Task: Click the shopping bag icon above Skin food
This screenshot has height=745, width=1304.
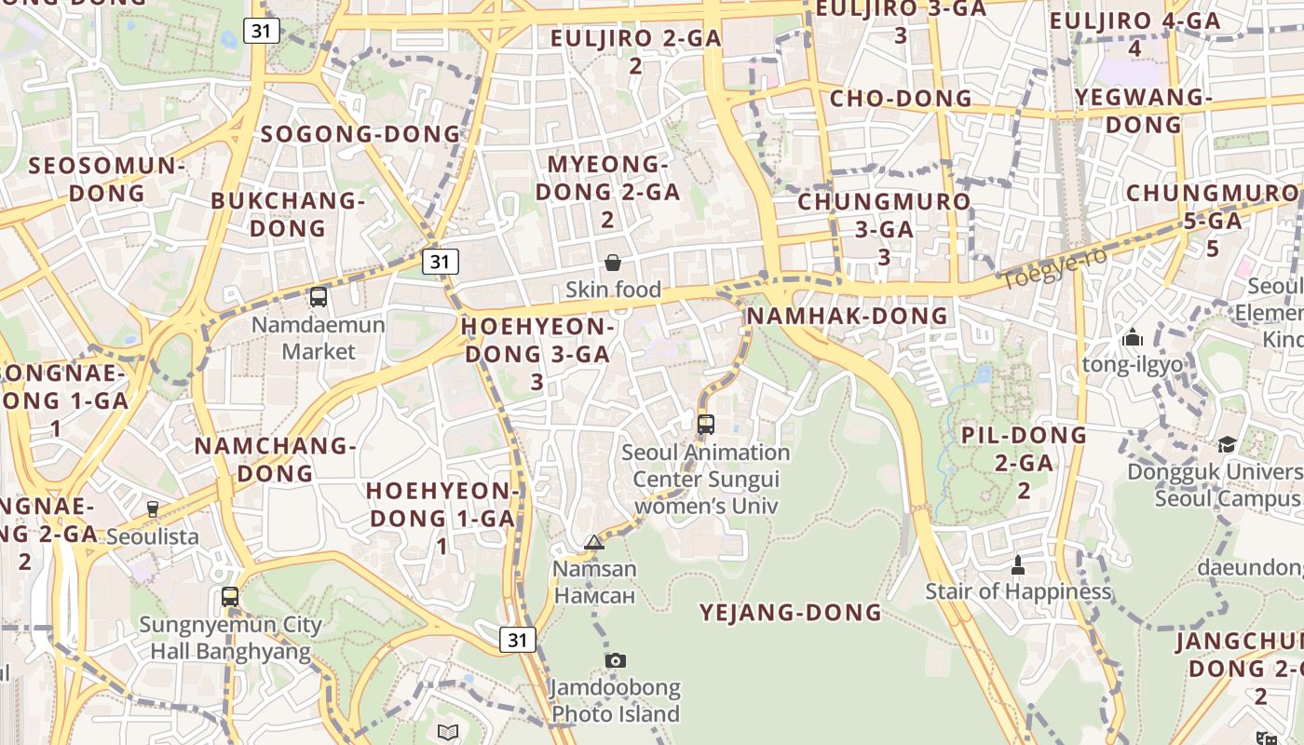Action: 613,263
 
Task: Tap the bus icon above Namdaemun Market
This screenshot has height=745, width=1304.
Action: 319,297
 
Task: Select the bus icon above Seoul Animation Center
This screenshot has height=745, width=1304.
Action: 706,425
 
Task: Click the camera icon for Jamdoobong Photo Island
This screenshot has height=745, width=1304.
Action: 615,660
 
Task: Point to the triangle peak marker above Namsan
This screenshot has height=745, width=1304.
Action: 594,542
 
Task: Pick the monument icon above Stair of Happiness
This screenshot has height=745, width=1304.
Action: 1017,564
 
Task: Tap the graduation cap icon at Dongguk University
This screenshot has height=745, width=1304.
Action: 1227,444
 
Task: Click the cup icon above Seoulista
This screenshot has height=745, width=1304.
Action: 153,509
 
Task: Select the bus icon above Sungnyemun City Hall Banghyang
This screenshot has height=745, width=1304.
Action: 230,597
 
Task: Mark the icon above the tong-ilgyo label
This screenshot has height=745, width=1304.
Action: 1133,336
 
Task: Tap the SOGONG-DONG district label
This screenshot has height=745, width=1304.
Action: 360,134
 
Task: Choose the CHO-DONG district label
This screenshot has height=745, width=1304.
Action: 900,99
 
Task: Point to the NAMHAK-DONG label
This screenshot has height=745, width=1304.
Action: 847,316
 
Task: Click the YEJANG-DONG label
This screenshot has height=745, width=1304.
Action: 791,612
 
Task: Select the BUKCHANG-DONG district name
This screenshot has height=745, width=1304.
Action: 288,214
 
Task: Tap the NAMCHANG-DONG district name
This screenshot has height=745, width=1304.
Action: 275,459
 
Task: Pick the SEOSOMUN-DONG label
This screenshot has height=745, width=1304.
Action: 108,180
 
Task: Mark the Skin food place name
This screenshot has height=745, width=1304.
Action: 613,290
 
